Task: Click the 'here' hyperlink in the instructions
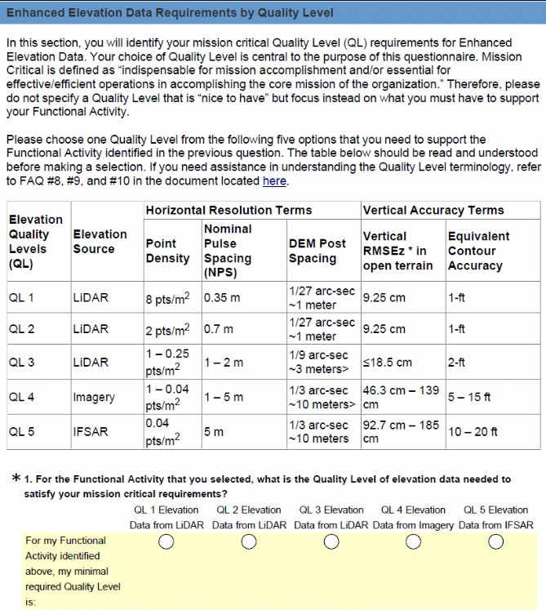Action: tap(274, 181)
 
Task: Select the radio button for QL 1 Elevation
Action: tap(166, 542)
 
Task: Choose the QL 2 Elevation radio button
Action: tap(249, 542)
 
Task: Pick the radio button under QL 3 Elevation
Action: tap(331, 542)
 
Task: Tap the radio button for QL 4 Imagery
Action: tap(414, 542)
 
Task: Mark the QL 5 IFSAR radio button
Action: tap(496, 542)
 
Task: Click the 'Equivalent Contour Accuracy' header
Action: tap(478, 251)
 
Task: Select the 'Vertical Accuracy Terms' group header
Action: tap(433, 210)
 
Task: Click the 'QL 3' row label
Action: tap(21, 362)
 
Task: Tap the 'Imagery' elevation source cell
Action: tap(94, 397)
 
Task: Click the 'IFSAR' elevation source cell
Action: tap(91, 432)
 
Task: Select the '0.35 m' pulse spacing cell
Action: tap(222, 298)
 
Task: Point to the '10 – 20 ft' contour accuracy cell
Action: tap(473, 432)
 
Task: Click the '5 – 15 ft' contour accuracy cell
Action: tap(469, 397)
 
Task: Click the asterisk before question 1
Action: tap(16, 479)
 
